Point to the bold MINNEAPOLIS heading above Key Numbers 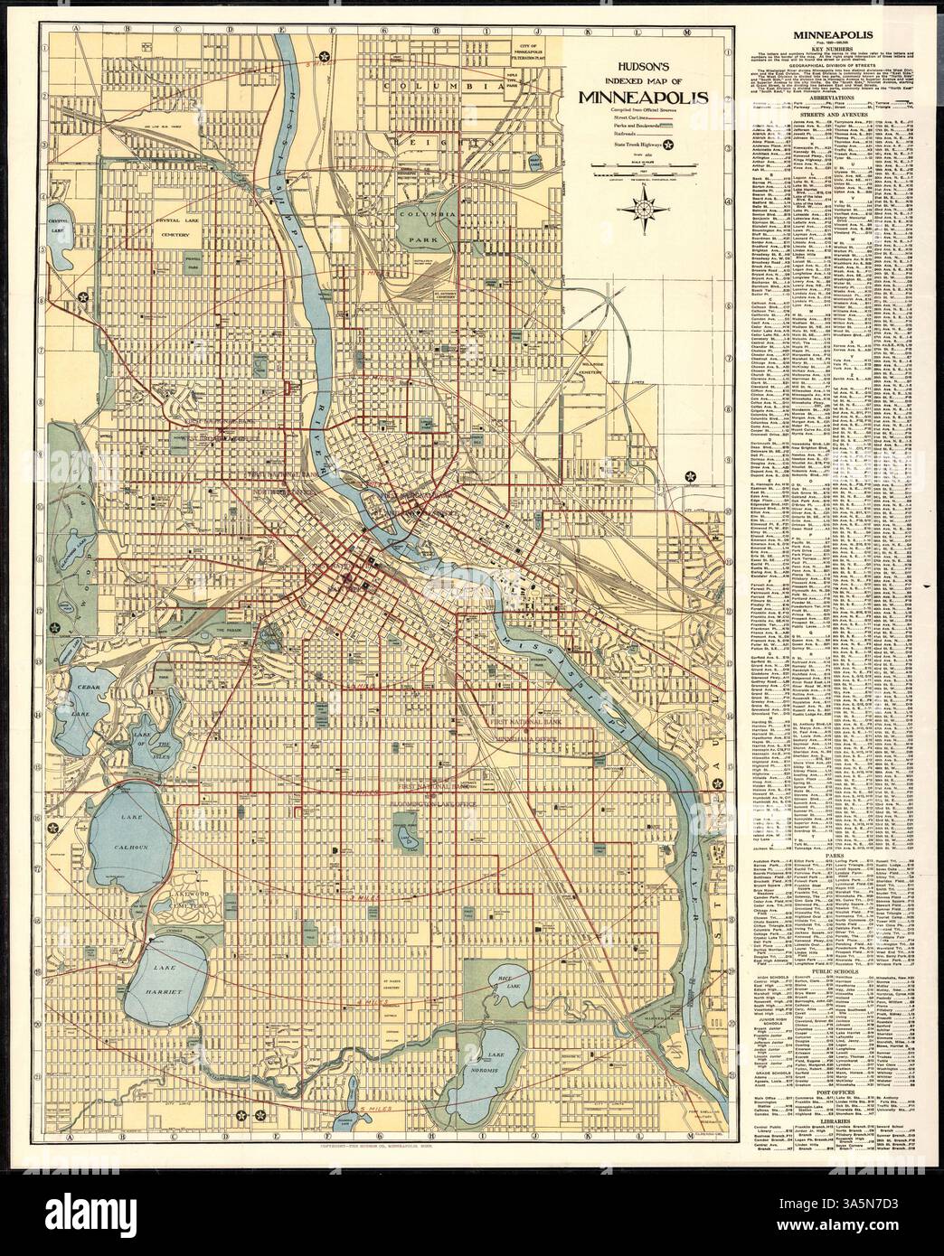click(826, 36)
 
